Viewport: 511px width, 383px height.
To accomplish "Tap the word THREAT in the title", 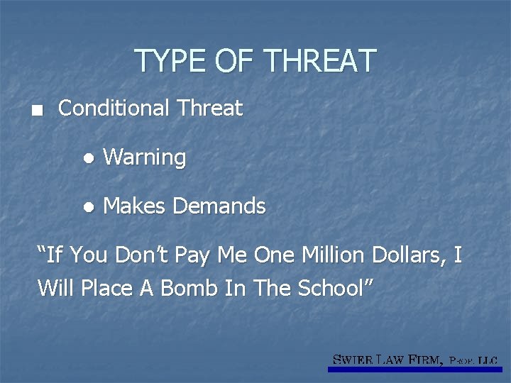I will tap(319, 61).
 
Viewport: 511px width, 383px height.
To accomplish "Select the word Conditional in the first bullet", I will tap(114, 109).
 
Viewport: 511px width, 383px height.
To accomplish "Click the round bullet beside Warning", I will tap(87, 158).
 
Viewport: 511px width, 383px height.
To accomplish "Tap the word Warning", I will tap(145, 157).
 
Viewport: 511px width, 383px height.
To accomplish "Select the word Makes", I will tap(135, 207).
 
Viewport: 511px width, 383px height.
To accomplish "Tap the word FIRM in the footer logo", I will tap(427, 360).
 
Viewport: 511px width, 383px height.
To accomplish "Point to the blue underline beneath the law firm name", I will tap(415, 370).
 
